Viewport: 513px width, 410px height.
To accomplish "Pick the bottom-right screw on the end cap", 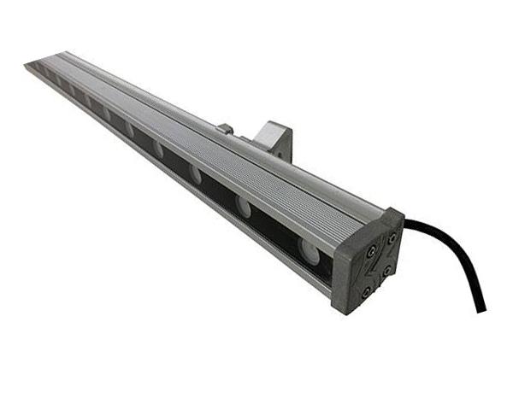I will coord(387,271).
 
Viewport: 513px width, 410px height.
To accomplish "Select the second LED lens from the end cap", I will coord(245,205).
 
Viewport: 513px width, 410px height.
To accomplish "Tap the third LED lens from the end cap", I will coord(196,175).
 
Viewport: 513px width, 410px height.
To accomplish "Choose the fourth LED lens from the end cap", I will coord(158,149).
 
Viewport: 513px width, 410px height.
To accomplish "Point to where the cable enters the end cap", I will coord(404,225).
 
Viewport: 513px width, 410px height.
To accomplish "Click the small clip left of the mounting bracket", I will coord(225,129).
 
